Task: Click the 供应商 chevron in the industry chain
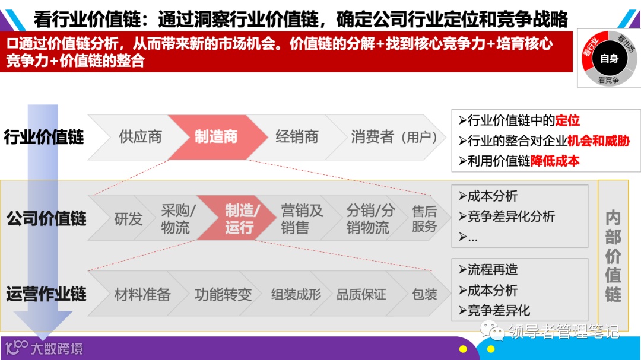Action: (x=140, y=137)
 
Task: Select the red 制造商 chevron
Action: (x=216, y=137)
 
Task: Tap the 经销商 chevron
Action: (x=297, y=137)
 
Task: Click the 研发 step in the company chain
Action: (x=128, y=219)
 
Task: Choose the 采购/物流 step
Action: (x=178, y=219)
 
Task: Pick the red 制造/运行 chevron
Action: (x=241, y=219)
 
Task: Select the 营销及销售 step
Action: (x=302, y=219)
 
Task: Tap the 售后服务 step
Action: (x=424, y=219)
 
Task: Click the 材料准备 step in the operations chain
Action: (x=142, y=294)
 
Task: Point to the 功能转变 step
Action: (x=223, y=294)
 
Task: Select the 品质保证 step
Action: (x=361, y=294)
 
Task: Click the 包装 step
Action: (x=424, y=294)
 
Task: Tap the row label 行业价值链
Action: (x=45, y=137)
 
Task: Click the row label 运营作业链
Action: (x=46, y=294)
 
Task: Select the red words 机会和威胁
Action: (x=598, y=141)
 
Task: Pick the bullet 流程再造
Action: (x=492, y=270)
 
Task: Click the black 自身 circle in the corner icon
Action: (x=609, y=58)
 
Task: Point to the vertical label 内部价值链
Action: (x=613, y=255)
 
